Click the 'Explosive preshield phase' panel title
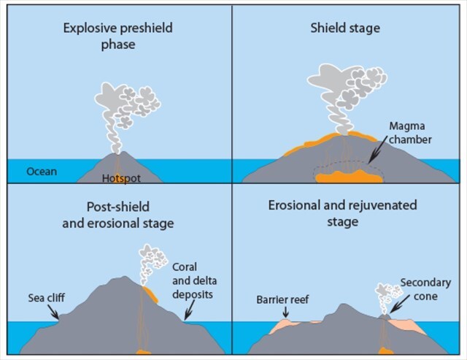[116, 37]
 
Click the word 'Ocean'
[42, 172]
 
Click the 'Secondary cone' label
[425, 288]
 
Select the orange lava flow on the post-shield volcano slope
[151, 294]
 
